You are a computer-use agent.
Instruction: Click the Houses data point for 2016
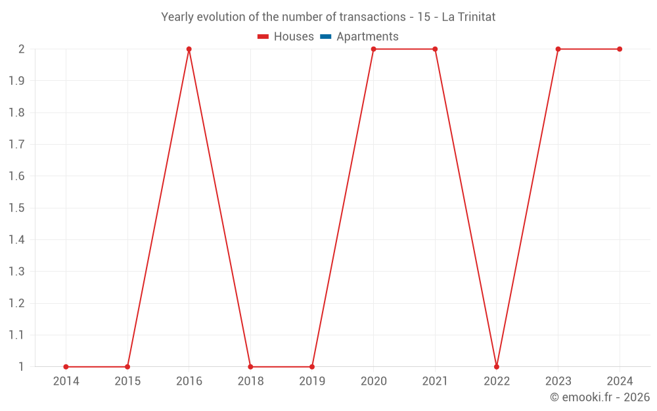189,49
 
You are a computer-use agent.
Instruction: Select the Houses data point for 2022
497,366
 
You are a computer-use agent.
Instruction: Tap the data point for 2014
66,366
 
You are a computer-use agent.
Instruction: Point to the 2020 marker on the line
373,49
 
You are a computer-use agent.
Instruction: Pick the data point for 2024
620,49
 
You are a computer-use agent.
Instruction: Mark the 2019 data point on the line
312,366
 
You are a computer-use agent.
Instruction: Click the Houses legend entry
286,37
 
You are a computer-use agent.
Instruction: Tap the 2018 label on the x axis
250,381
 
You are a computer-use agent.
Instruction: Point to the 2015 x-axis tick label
127,381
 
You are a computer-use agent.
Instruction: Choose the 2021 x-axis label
435,381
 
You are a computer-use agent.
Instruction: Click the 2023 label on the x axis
558,381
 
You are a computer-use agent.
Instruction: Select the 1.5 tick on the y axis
17,208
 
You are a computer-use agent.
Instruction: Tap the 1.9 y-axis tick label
17,81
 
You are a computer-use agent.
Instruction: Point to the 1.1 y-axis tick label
17,335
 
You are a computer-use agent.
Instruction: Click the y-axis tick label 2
22,49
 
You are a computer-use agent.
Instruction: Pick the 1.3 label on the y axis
17,272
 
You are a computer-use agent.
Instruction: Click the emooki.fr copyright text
600,397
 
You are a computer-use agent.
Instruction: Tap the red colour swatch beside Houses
263,37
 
